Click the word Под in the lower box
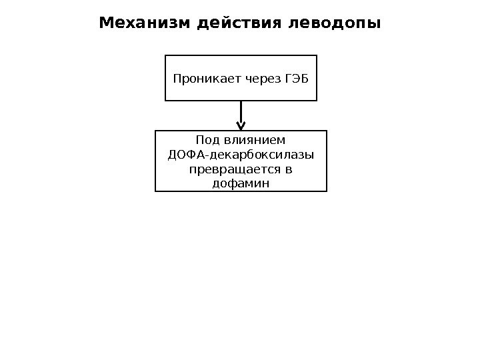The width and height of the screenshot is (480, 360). (x=207, y=141)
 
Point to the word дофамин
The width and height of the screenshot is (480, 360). (x=241, y=183)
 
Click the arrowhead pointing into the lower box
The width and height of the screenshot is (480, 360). (x=241, y=125)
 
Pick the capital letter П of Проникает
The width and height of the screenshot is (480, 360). (x=177, y=79)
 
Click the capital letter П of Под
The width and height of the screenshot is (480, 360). (x=200, y=141)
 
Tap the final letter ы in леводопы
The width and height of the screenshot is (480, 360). (x=375, y=25)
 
